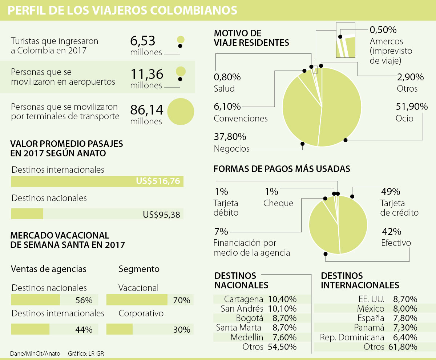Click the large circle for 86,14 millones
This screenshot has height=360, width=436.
[181, 112]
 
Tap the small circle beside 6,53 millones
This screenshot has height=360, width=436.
[181, 40]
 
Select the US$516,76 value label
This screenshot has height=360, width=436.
[158, 181]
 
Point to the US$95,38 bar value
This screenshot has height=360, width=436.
[161, 215]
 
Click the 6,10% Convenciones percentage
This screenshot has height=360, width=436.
[227, 107]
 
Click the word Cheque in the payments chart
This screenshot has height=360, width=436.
[278, 203]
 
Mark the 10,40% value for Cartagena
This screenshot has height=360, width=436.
[282, 299]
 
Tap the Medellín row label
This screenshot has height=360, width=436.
[247, 337]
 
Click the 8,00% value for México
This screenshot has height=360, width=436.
[405, 309]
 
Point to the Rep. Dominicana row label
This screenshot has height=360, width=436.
[352, 337]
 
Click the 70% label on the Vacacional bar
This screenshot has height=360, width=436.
[181, 300]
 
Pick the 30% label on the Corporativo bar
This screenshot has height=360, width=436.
[181, 330]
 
